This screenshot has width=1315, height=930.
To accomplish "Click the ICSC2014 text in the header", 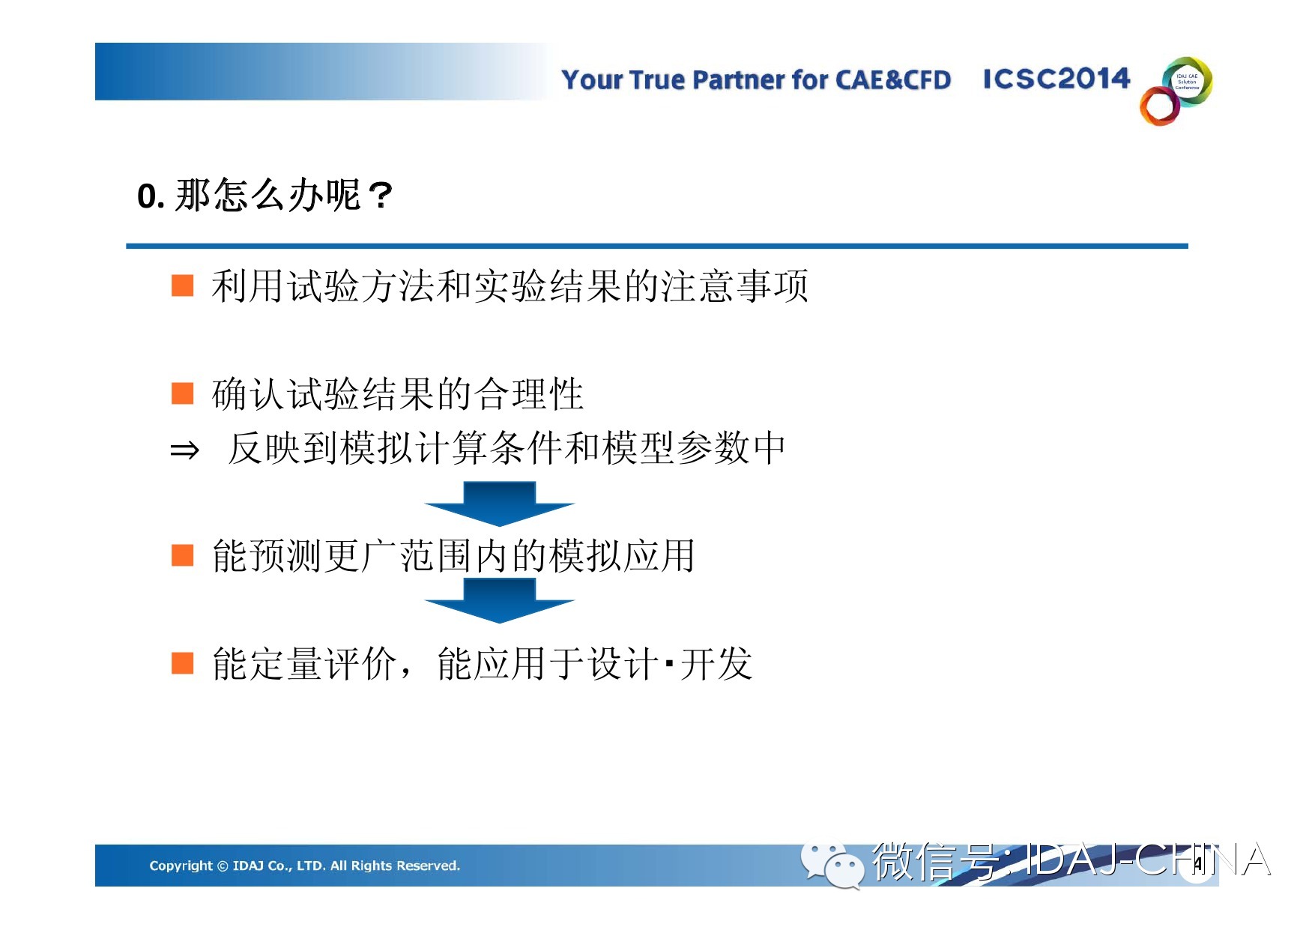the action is pyautogui.click(x=1056, y=78).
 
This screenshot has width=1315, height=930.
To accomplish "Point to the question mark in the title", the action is pyautogui.click(x=380, y=196).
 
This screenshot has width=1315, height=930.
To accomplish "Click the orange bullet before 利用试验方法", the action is pyautogui.click(x=183, y=286).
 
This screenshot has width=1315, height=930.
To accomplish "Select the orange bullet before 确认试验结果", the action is pyautogui.click(x=183, y=393).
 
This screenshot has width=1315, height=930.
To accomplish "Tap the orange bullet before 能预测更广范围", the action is pyautogui.click(x=183, y=555).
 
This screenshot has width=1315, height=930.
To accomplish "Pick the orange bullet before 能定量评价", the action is pyautogui.click(x=183, y=663).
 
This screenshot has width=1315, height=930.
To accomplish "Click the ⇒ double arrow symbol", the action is pyautogui.click(x=184, y=450).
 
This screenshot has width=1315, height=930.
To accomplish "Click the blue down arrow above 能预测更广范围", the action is pyautogui.click(x=500, y=504).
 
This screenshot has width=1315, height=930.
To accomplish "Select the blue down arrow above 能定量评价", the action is pyautogui.click(x=500, y=600).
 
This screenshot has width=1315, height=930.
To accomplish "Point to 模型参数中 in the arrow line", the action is pyautogui.click(x=693, y=447).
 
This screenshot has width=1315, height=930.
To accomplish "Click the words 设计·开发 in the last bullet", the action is pyautogui.click(x=670, y=663).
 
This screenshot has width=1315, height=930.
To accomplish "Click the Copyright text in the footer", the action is pyautogui.click(x=304, y=866).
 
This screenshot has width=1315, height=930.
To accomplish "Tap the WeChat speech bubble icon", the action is pyautogui.click(x=831, y=866).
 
